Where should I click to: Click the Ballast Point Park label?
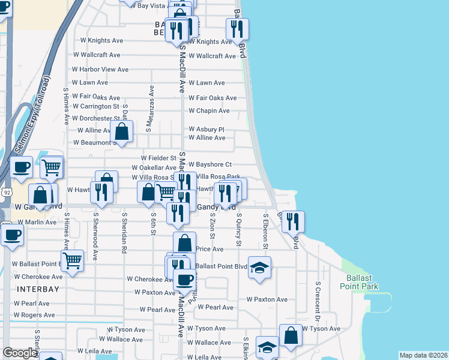(363, 282)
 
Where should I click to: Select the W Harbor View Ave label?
(100, 70)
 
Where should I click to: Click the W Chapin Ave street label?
(209, 111)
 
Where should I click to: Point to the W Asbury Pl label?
(206, 129)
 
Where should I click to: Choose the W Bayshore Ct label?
(210, 164)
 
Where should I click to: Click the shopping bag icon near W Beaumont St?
(122, 131)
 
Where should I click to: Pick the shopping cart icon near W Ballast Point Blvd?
(72, 261)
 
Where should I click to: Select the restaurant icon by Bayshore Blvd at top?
(237, 28)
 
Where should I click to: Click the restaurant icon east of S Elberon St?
(293, 221)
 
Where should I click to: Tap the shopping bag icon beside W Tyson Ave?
(291, 335)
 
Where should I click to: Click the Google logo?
(19, 353)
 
